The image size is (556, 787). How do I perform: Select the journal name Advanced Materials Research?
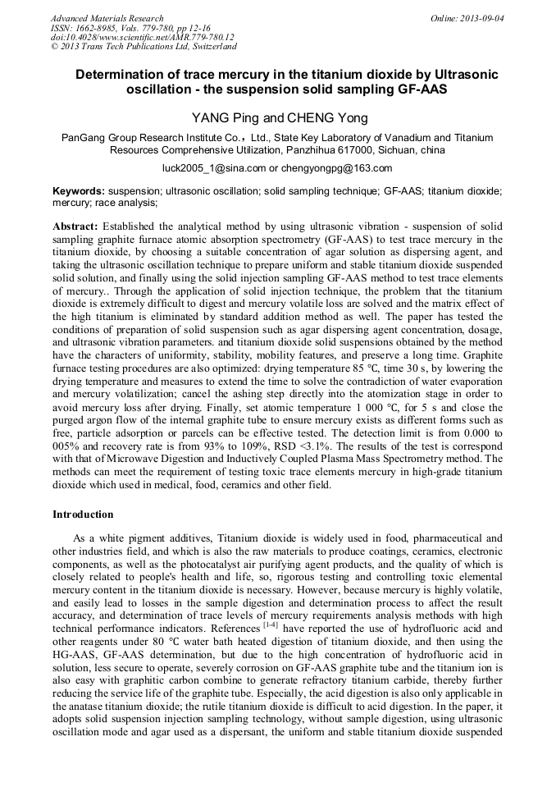(x=107, y=18)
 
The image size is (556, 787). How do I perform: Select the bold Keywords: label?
(x=79, y=190)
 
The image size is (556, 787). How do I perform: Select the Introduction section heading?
(x=83, y=515)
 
